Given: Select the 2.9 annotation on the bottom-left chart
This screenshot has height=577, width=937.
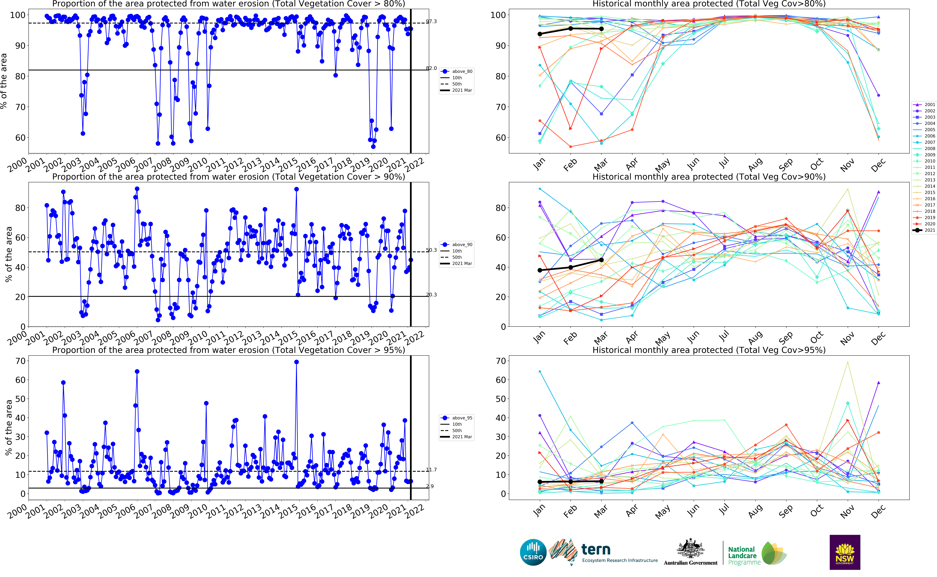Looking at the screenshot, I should click(x=430, y=486).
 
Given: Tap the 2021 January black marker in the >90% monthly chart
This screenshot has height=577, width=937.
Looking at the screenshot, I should click(x=540, y=270).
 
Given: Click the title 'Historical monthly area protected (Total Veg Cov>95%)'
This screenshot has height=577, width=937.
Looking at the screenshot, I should click(x=709, y=350).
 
